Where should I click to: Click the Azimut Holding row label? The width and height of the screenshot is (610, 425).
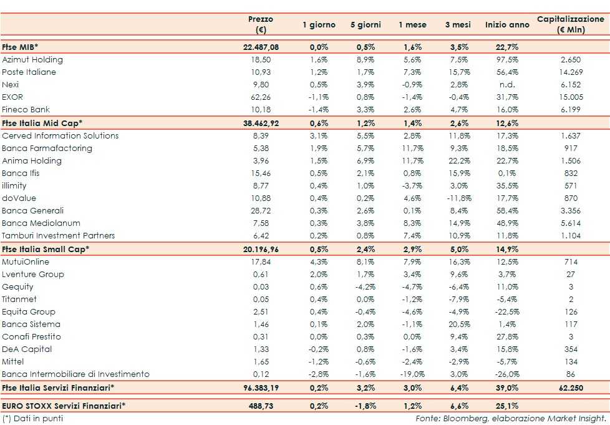32,60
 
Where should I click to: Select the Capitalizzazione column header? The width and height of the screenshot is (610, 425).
571,24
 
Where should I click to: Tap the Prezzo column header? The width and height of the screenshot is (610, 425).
261,24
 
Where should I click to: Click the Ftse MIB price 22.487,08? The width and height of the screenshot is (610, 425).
261,47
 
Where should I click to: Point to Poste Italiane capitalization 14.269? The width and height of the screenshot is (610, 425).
571,72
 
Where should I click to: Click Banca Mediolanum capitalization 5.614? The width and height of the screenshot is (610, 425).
571,223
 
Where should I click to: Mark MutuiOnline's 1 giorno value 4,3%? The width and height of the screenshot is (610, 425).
319,262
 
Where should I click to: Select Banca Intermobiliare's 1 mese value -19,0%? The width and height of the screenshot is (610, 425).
412,374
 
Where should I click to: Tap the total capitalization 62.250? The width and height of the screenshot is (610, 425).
571,388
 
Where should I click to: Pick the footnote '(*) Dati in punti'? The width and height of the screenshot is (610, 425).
32,418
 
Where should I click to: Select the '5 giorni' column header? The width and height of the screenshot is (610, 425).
366,25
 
